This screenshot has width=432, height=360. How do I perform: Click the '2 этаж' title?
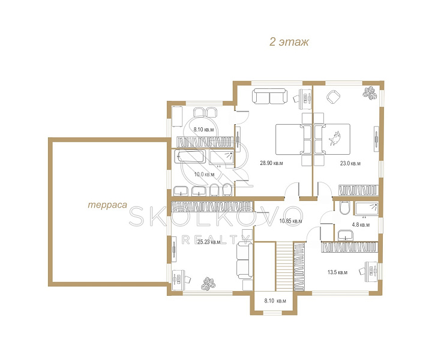[289, 42]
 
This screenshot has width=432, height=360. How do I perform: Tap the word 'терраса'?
[107, 205]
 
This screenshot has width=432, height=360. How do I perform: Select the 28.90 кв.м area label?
[271, 163]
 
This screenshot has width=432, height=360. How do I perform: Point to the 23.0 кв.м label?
[350, 163]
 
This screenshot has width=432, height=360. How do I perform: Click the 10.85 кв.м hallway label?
[290, 221]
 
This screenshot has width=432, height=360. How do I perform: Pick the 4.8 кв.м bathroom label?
[361, 225]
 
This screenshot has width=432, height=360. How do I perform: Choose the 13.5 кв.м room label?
[337, 272]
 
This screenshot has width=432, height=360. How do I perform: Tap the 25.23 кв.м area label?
[209, 242]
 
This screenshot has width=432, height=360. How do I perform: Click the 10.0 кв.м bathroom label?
[204, 175]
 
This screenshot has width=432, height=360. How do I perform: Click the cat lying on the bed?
[335, 139]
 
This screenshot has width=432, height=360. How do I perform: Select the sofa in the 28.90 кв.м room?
[269, 96]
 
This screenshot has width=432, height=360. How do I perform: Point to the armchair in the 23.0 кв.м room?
[334, 97]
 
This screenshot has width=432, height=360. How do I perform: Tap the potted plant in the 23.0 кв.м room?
[370, 94]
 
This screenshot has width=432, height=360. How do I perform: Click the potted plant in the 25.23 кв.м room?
[208, 284]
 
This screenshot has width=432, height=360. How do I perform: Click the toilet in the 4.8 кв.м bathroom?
[344, 208]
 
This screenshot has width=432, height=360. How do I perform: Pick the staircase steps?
[284, 266]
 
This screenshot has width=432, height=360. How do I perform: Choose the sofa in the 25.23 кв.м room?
[244, 261]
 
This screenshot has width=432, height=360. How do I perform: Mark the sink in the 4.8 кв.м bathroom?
[345, 235]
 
